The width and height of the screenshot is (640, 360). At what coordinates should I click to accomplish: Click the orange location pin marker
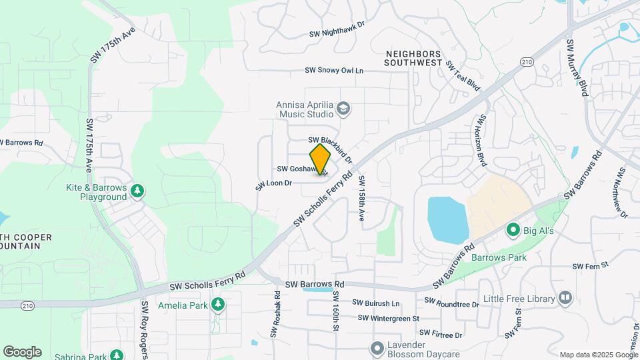(321, 159)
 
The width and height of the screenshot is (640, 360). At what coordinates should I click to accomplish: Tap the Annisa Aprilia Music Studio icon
(343, 109)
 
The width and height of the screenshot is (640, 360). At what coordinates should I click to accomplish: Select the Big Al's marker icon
(513, 231)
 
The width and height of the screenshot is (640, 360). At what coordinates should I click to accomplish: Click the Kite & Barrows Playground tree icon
(137, 191)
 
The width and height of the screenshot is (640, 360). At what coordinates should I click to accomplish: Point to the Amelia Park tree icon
(217, 305)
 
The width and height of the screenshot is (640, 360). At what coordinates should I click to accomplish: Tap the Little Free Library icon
(565, 297)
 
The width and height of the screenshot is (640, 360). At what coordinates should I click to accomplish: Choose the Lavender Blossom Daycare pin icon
(377, 348)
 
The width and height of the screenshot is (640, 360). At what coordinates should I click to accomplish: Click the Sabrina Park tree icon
(117, 355)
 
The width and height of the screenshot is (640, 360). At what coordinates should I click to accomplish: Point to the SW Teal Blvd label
(463, 75)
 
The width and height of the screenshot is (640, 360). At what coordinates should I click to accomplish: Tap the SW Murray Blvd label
(577, 67)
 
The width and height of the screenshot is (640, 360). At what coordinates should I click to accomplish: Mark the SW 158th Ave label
(361, 198)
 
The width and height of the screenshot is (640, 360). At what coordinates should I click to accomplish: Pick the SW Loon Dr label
(273, 183)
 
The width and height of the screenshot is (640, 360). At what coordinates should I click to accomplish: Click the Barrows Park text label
(499, 257)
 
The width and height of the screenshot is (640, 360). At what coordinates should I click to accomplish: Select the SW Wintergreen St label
(388, 319)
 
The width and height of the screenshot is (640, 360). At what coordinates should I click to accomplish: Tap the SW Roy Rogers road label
(144, 329)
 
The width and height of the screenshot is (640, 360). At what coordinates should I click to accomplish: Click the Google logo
(22, 351)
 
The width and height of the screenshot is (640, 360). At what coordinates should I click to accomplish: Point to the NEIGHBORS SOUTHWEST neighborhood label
(413, 58)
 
